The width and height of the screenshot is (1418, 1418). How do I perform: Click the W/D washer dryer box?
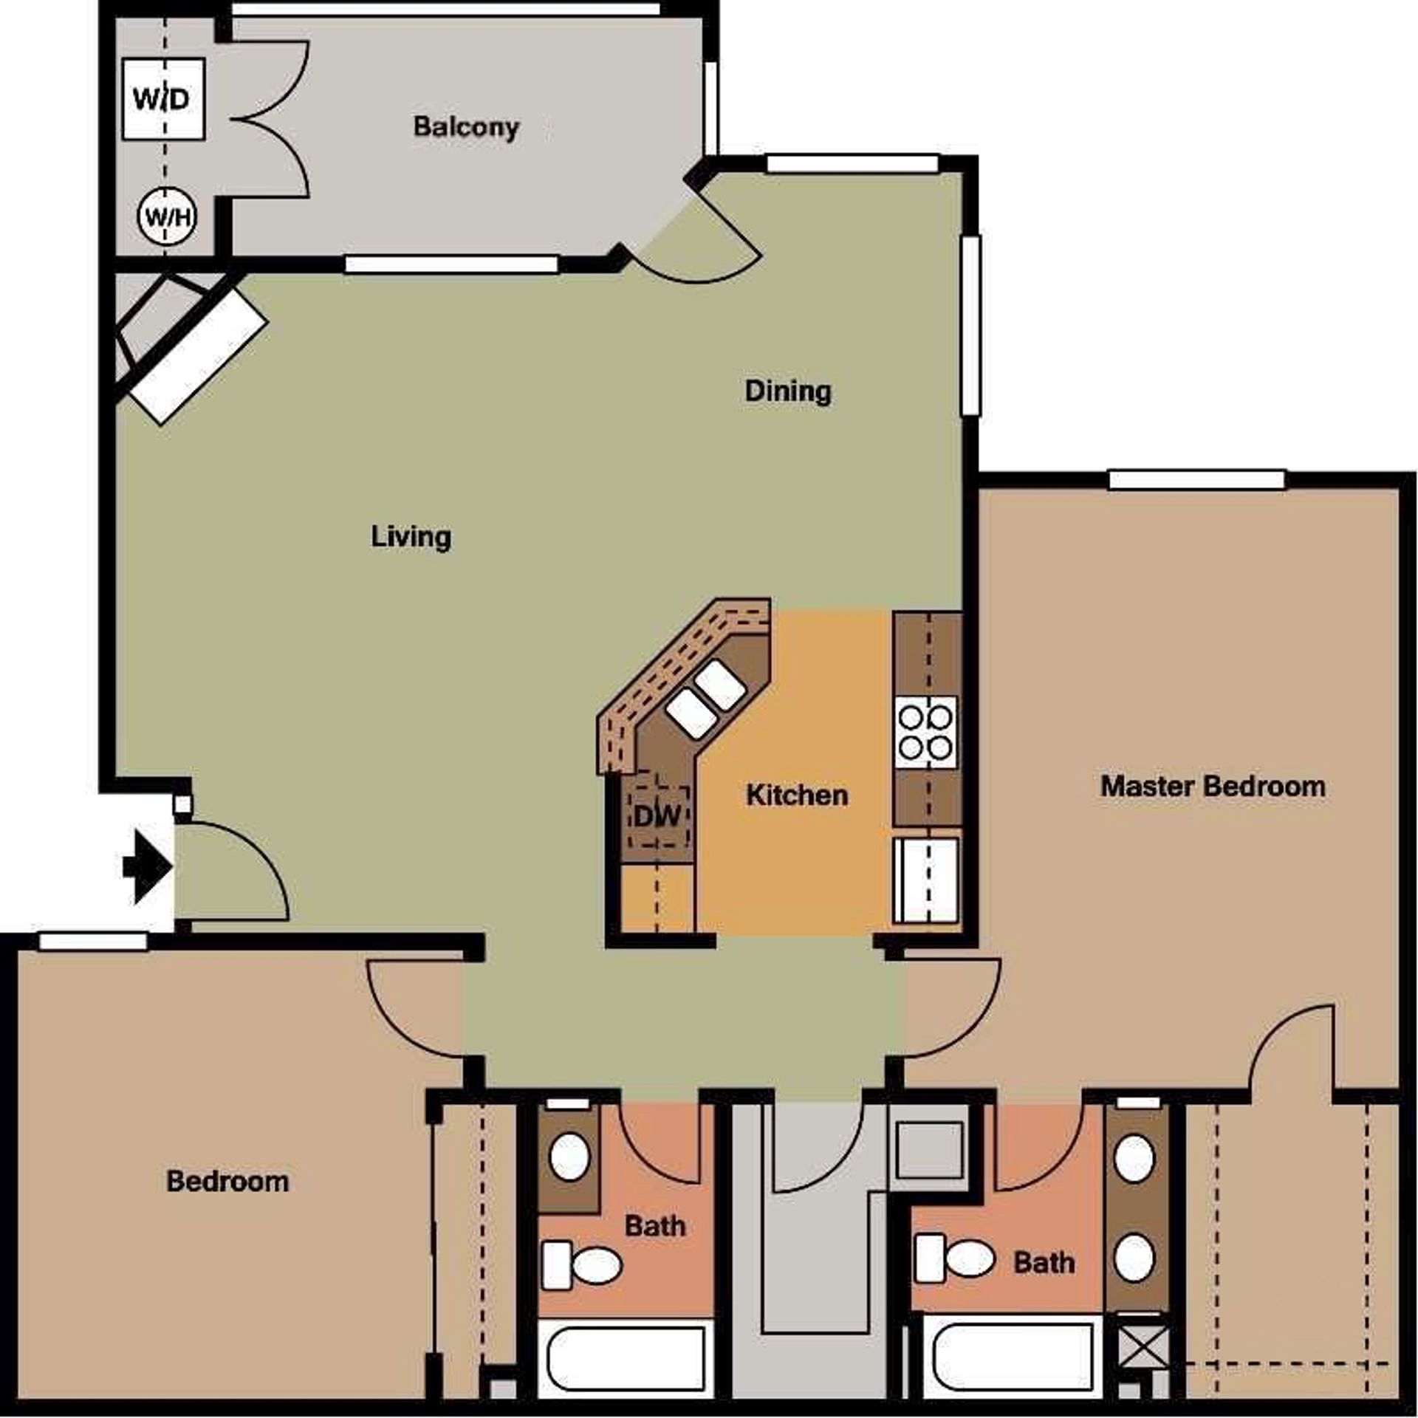163,98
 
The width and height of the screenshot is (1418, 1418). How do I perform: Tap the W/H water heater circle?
167,217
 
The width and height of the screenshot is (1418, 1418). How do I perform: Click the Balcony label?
466,127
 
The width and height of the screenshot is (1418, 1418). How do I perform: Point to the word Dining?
787,391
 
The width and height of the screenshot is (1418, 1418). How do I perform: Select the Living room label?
411,536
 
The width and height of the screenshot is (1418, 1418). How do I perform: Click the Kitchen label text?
797,795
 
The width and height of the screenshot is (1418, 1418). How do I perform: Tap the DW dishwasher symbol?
657,816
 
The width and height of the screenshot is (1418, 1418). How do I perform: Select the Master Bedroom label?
1213,786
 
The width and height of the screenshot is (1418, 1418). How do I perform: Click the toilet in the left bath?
583,1266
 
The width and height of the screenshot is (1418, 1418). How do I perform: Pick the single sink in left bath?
569,1158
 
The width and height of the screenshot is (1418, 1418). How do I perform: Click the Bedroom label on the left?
227,1182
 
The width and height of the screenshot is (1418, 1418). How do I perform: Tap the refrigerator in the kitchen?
926,880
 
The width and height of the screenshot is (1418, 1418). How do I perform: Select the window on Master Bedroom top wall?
1196,479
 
